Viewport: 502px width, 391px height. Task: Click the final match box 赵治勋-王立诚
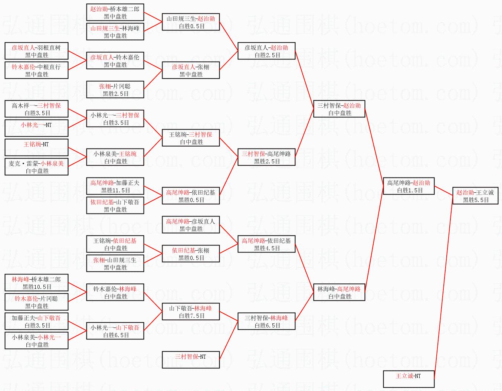475,196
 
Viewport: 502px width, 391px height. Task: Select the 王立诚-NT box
408,379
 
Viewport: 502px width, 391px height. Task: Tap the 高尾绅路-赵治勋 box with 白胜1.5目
409,186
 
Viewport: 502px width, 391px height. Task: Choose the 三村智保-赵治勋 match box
339,109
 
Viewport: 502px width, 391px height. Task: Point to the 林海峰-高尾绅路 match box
339,293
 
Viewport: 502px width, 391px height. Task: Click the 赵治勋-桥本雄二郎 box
115,13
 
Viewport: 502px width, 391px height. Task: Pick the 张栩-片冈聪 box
115,90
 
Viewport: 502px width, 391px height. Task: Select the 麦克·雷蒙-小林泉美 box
36,167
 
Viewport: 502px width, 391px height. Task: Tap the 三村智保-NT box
191,359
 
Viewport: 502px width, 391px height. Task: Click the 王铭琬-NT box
36,147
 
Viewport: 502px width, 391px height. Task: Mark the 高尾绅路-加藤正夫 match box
115,186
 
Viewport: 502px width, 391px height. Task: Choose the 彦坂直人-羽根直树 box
36,51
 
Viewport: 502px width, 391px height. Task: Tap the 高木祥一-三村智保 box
36,109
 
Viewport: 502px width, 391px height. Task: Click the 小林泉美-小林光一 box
36,341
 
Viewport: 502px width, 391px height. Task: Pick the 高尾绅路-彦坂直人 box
191,225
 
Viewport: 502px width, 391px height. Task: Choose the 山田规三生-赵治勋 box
191,22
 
